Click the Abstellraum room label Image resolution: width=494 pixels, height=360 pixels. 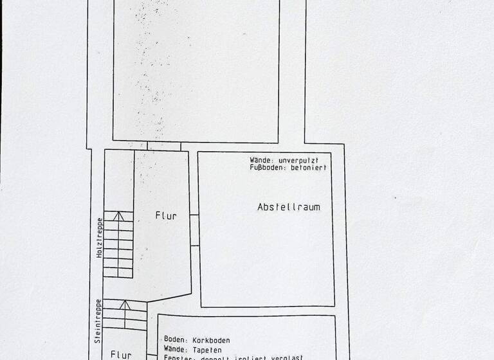[288, 207]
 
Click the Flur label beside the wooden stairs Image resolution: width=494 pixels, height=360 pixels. [165, 216]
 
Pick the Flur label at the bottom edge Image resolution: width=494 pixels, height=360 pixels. [121, 354]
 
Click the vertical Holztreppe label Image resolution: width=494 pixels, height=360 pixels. [100, 237]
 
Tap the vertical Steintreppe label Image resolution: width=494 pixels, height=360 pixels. [98, 321]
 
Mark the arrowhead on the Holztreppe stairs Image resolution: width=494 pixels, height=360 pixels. [118, 215]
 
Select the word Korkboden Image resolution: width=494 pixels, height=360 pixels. [210, 340]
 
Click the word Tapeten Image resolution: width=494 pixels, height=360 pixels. [206, 348]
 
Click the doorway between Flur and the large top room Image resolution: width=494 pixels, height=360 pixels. [163, 146]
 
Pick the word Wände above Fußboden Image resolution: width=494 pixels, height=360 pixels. [261, 159]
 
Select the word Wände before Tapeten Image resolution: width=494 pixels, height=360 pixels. [175, 348]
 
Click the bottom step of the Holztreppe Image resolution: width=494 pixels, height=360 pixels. [118, 273]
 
